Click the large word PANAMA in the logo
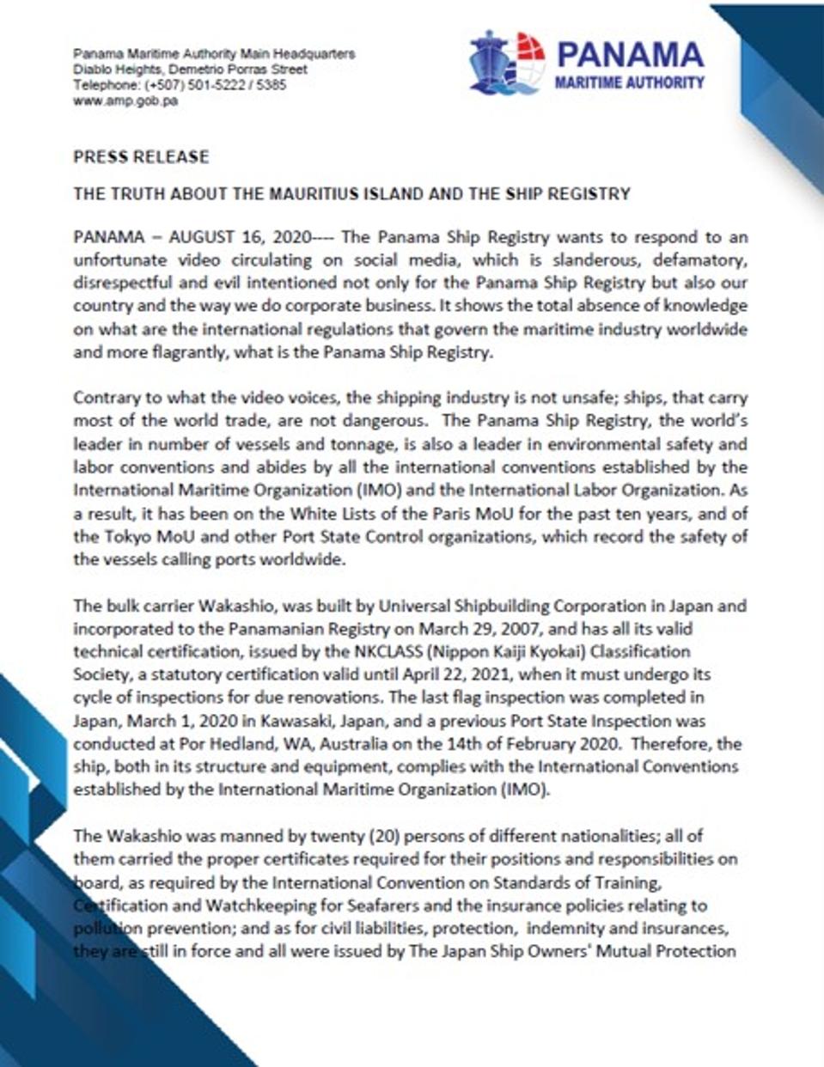630,56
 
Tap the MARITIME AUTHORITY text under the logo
630,83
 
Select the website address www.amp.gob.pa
125,101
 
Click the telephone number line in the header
180,85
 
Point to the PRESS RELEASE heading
141,156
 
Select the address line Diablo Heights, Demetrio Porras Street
190,70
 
